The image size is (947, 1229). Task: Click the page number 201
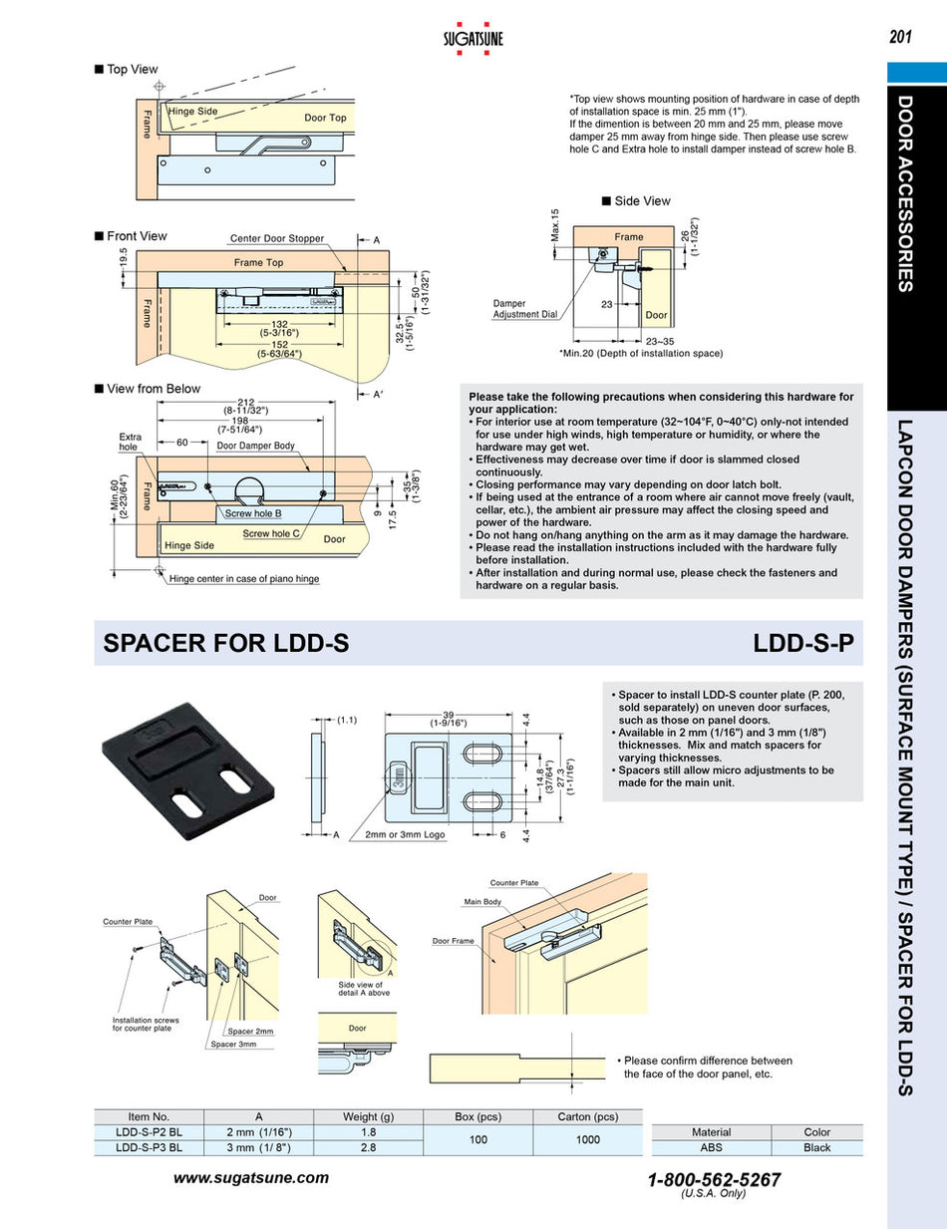(901, 38)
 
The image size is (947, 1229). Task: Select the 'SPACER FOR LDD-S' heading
(226, 644)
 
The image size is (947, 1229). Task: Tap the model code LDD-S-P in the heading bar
(804, 644)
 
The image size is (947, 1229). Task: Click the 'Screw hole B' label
(253, 513)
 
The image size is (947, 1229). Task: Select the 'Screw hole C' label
(271, 534)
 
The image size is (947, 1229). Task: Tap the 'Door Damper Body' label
(256, 446)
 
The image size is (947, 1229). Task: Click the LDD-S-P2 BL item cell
(149, 1131)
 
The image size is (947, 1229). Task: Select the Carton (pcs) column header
(587, 1116)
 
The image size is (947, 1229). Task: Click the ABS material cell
(711, 1147)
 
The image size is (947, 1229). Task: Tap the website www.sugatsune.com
(251, 1177)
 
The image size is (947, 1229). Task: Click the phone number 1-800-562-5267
(714, 1179)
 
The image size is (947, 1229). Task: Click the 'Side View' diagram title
(642, 201)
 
